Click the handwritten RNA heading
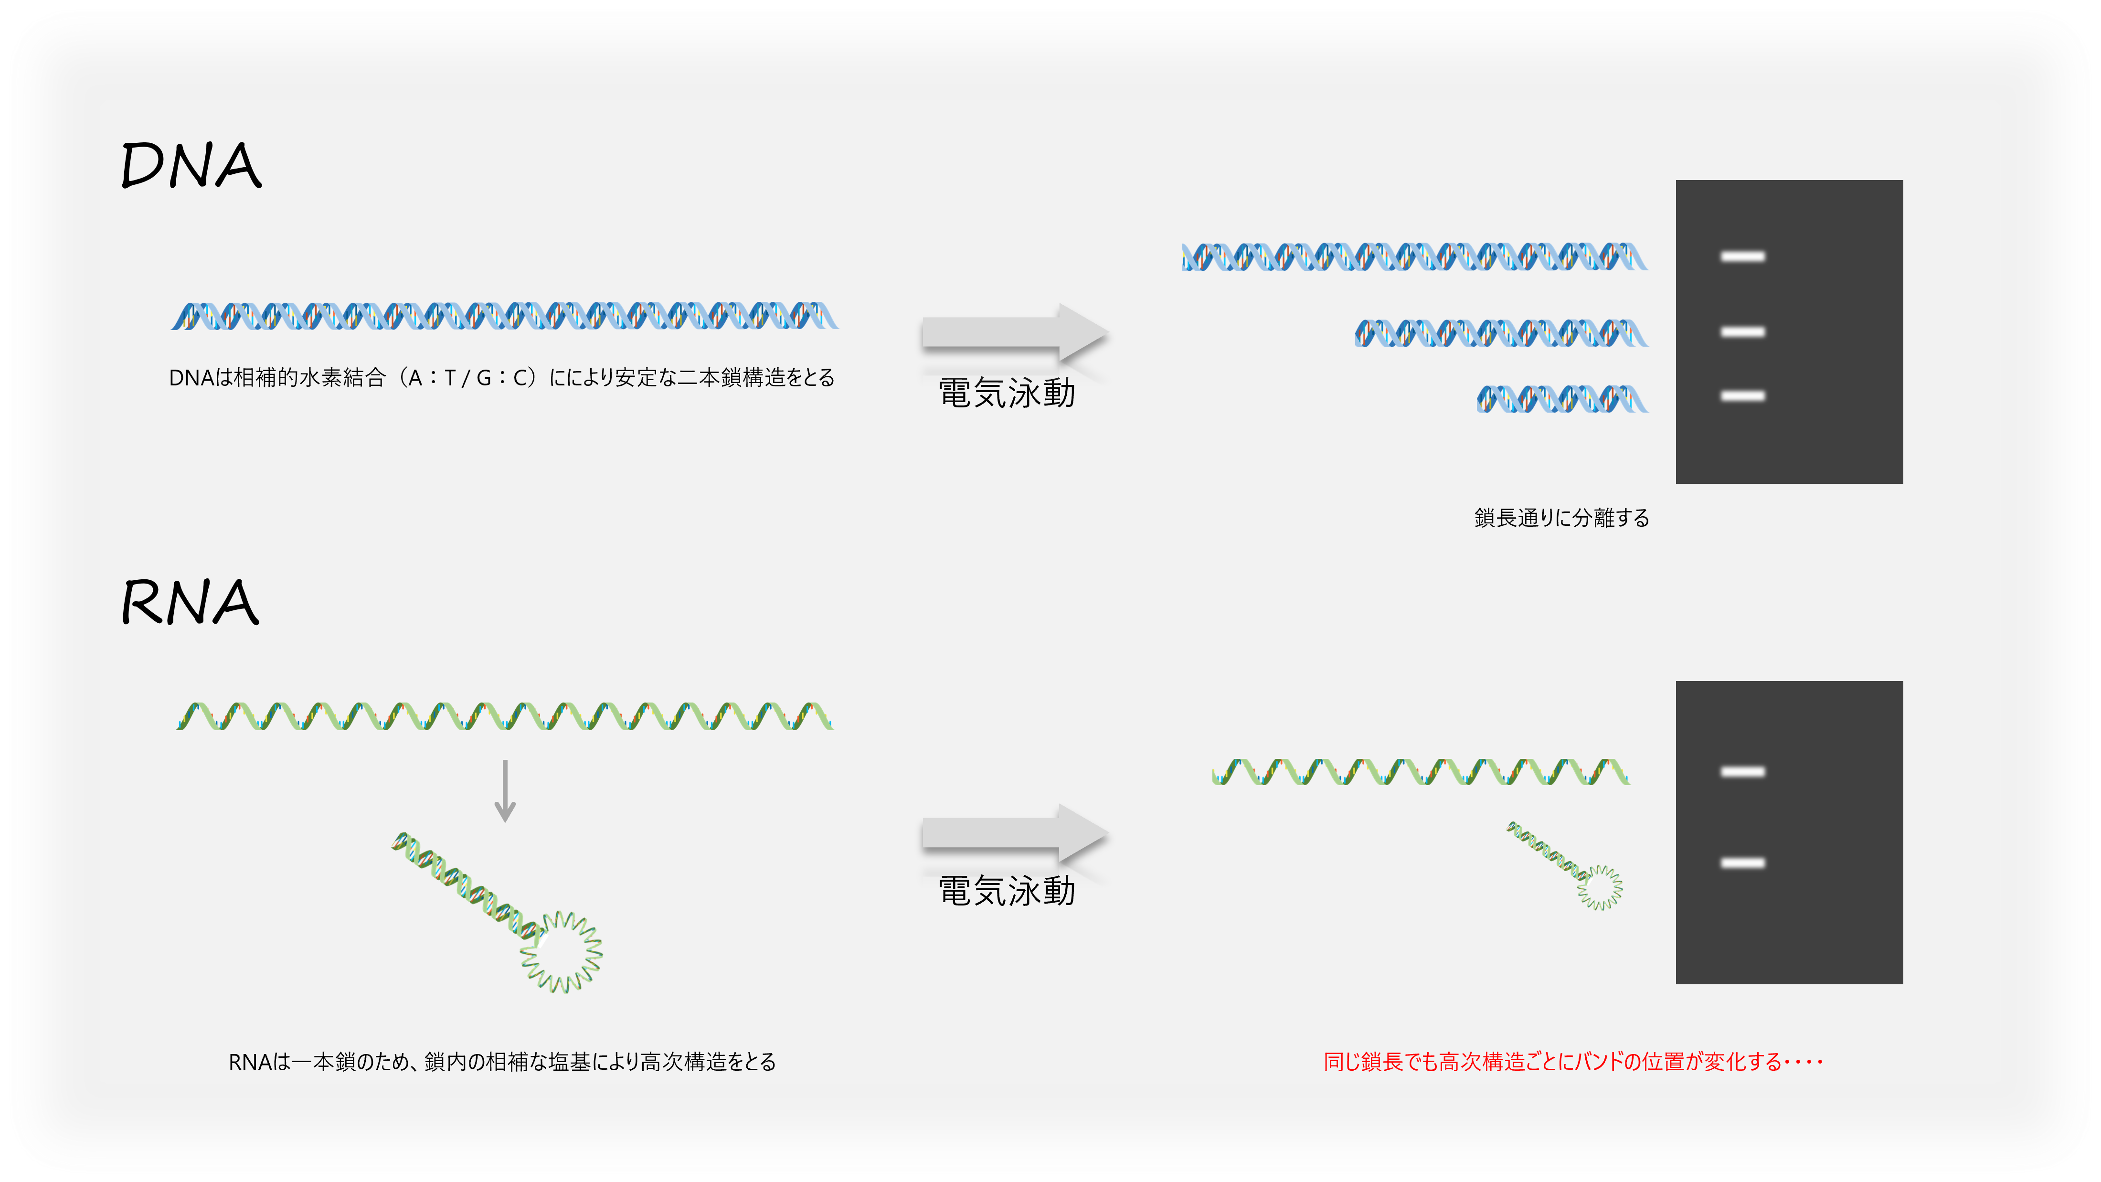(x=190, y=602)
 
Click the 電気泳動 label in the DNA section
(x=1007, y=393)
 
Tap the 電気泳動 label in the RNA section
(x=1007, y=891)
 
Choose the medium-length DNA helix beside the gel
(x=1501, y=333)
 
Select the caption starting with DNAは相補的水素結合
(x=501, y=378)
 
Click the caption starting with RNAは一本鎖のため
(x=501, y=1061)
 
